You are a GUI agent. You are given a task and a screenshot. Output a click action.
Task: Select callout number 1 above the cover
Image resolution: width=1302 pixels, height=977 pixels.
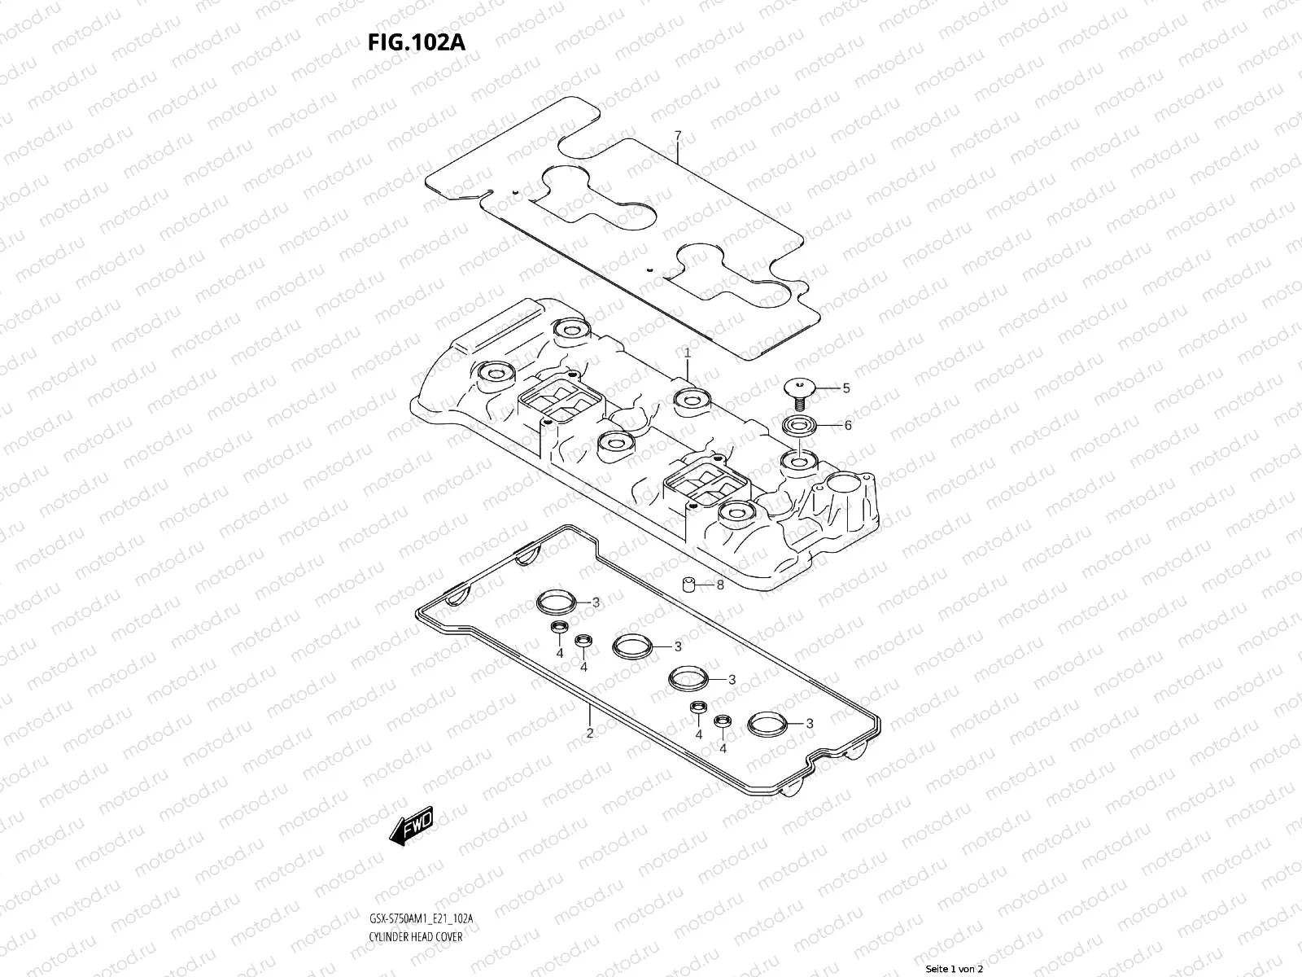point(687,353)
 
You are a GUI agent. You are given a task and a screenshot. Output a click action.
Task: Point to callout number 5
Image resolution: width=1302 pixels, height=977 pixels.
point(845,388)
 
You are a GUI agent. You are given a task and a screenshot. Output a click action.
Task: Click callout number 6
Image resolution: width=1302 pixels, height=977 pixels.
point(847,425)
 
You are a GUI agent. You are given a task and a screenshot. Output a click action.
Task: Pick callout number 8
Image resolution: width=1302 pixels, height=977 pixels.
point(719,585)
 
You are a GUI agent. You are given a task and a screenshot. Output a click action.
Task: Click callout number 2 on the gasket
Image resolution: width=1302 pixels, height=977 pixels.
point(590,733)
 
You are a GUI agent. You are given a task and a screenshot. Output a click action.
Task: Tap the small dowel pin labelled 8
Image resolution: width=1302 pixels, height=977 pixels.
point(690,584)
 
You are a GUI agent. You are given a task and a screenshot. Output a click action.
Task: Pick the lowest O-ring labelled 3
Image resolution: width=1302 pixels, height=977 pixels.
point(766,723)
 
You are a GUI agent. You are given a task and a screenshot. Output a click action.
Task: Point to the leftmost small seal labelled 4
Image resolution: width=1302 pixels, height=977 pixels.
point(558,629)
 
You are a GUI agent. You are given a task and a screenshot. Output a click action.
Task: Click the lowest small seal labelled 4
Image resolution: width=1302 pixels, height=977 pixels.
point(722,721)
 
